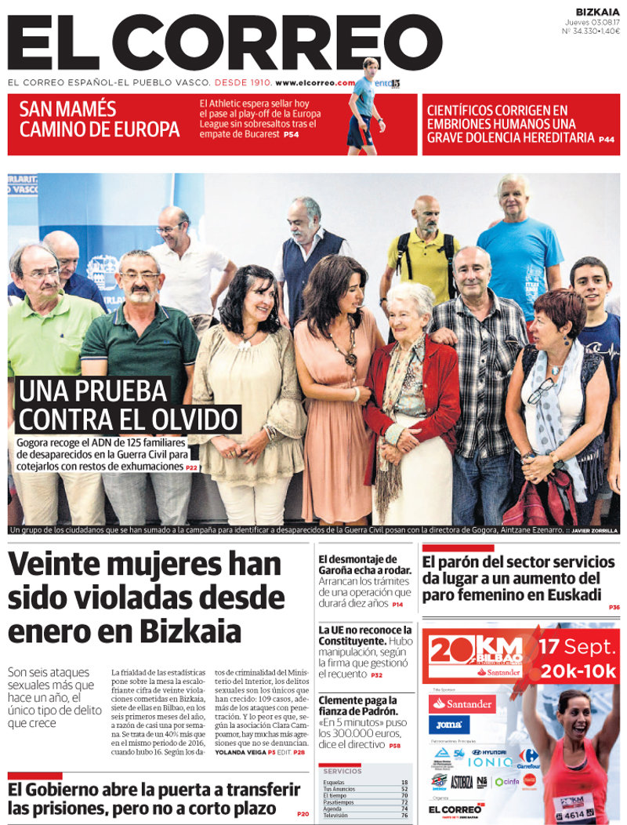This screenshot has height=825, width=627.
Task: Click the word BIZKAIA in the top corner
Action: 597,11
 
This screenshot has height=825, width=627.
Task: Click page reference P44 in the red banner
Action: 606,140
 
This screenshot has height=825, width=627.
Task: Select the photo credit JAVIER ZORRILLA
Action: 594,531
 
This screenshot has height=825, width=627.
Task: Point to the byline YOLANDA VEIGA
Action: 238,752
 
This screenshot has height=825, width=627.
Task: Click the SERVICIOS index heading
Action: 342,771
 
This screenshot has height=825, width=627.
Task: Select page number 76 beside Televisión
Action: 404,816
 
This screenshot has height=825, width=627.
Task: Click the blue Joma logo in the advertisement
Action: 449,725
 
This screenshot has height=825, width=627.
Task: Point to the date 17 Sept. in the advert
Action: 578,648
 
